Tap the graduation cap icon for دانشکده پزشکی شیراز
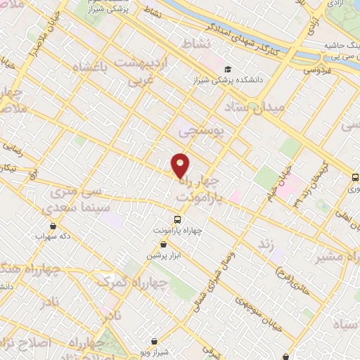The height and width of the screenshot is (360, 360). tap(227, 68)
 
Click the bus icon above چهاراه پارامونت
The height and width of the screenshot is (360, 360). tap(177, 218)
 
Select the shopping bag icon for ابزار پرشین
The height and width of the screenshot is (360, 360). tap(163, 244)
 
